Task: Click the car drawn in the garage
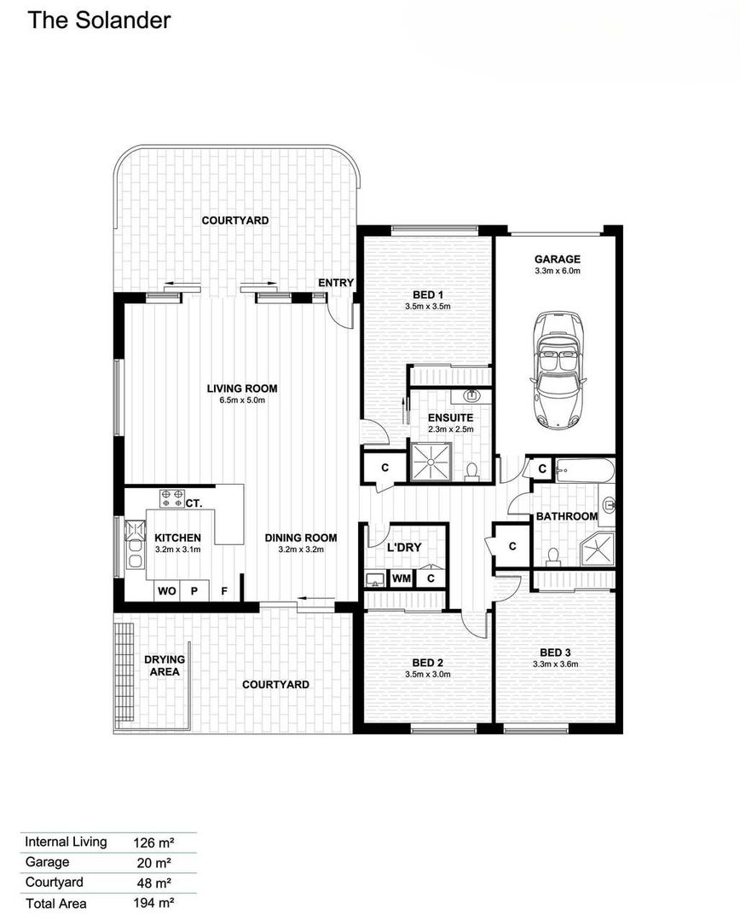pyautogui.click(x=558, y=371)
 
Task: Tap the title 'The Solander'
pyautogui.click(x=99, y=20)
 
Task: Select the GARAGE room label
pyautogui.click(x=558, y=259)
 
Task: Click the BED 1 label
pyautogui.click(x=428, y=295)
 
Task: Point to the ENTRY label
pyautogui.click(x=336, y=283)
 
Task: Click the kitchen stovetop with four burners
pyautogui.click(x=172, y=498)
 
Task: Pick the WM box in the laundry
pyautogui.click(x=402, y=578)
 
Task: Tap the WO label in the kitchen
pyautogui.click(x=167, y=591)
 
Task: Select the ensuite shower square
pyautogui.click(x=431, y=462)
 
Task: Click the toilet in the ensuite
pyautogui.click(x=471, y=471)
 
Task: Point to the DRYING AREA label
pyautogui.click(x=165, y=665)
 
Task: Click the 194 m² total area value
pyautogui.click(x=153, y=903)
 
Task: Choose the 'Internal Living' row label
pyautogui.click(x=66, y=842)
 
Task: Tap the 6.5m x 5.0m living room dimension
pyautogui.click(x=242, y=400)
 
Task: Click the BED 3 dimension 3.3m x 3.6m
pyautogui.click(x=555, y=664)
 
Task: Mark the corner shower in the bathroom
pyautogui.click(x=598, y=549)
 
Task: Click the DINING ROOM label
pyautogui.click(x=301, y=538)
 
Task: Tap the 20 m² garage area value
pyautogui.click(x=153, y=863)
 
